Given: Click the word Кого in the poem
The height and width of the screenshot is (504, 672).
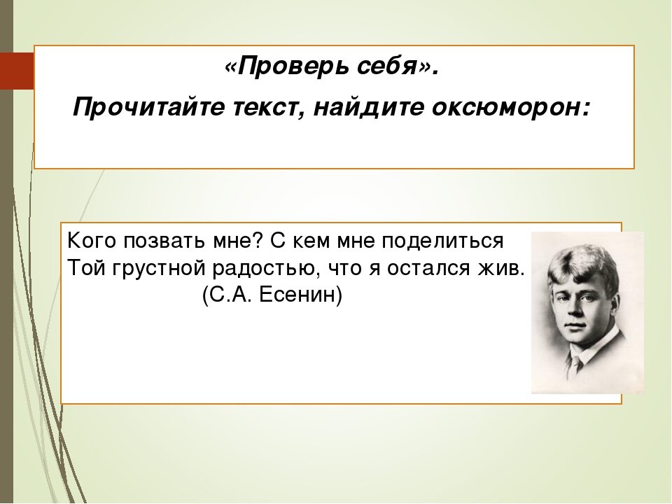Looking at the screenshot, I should pos(88,241).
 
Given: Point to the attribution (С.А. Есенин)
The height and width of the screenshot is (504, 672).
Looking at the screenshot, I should pos(272,295).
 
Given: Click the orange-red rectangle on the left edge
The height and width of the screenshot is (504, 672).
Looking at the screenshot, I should pos(17,70).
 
